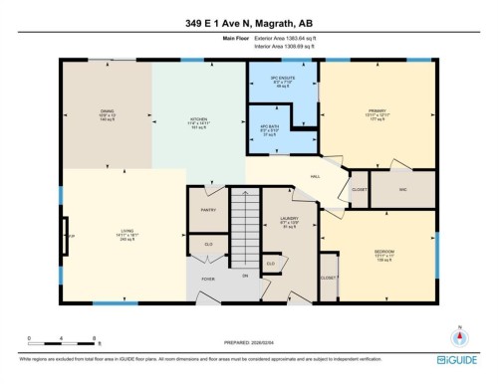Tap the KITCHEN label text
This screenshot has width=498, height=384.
point(198,121)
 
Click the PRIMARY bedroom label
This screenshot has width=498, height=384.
point(376,111)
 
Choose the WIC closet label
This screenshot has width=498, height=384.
point(401,188)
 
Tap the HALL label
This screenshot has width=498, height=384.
point(315,176)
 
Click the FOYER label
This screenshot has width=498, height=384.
point(208,280)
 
